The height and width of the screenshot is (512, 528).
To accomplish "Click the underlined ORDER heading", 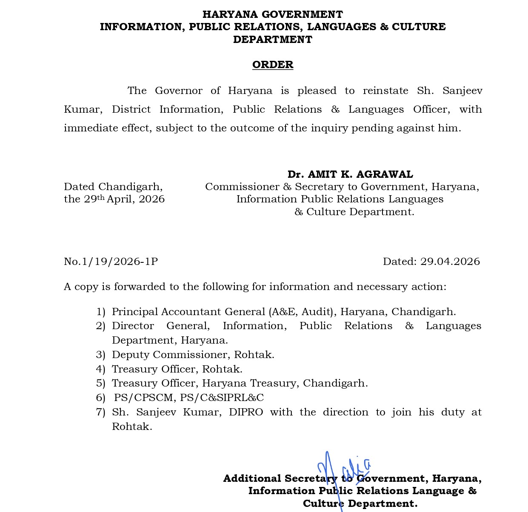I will click(x=272, y=65).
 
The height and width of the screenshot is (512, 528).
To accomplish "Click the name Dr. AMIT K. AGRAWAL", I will click(x=350, y=174).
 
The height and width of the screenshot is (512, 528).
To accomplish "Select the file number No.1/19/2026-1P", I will click(x=111, y=262).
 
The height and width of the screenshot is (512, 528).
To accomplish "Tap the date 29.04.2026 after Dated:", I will click(x=450, y=262).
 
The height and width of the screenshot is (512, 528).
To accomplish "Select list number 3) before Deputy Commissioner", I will click(x=100, y=355).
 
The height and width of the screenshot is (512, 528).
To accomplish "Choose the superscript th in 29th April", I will click(x=101, y=197).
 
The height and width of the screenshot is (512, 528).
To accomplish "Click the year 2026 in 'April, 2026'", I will click(x=152, y=199).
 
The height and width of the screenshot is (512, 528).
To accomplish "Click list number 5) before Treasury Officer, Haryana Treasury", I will click(x=100, y=383).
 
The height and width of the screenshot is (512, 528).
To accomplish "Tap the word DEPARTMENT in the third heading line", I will click(x=272, y=40).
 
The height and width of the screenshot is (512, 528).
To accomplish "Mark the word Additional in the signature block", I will click(x=252, y=478).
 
